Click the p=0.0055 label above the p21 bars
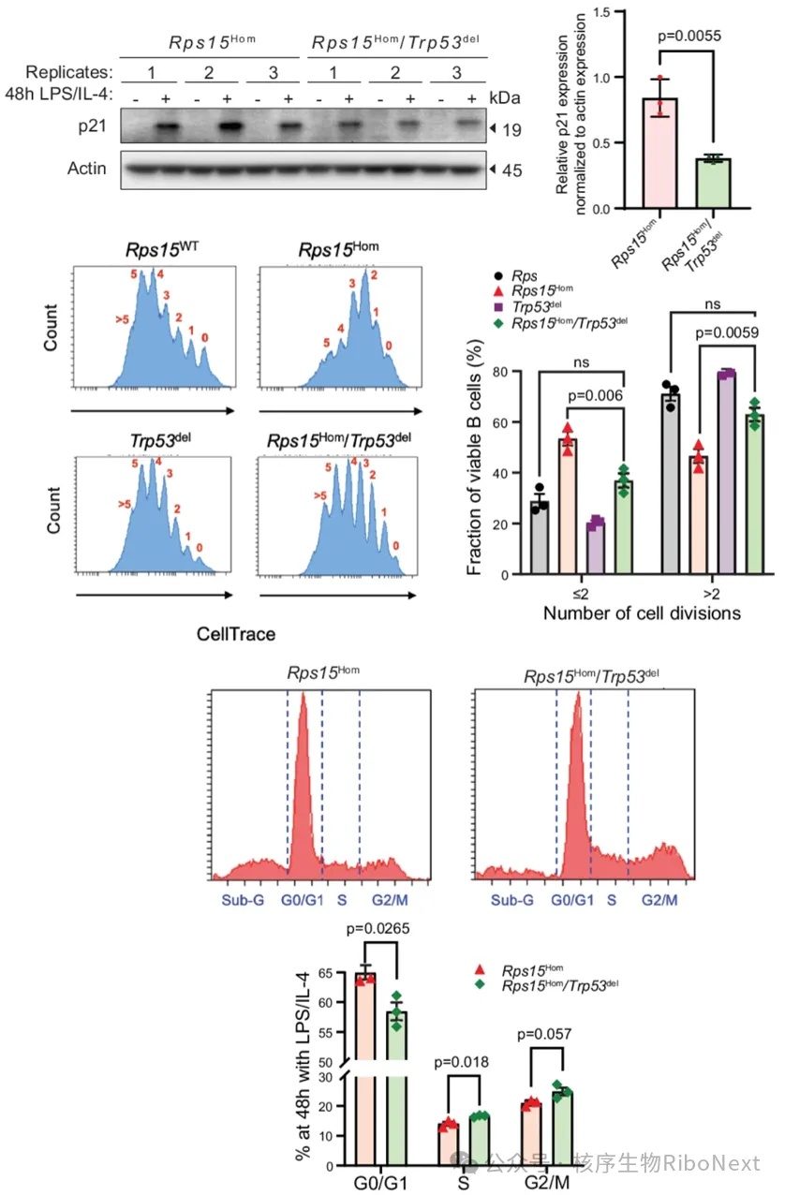point(689,37)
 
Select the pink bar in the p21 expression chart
point(660,153)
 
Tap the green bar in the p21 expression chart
point(714,184)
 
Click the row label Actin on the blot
point(86,169)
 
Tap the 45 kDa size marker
point(511,170)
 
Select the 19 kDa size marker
point(511,130)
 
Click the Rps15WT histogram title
point(162,248)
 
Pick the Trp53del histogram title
point(160,439)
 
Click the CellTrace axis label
point(236,634)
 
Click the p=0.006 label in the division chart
point(595,395)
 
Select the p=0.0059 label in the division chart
point(726,332)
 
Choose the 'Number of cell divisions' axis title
point(642,613)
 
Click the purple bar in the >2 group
point(727,473)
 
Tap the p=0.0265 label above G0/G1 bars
point(378,928)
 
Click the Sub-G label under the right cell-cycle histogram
point(511,900)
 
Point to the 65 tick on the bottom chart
point(325,973)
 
